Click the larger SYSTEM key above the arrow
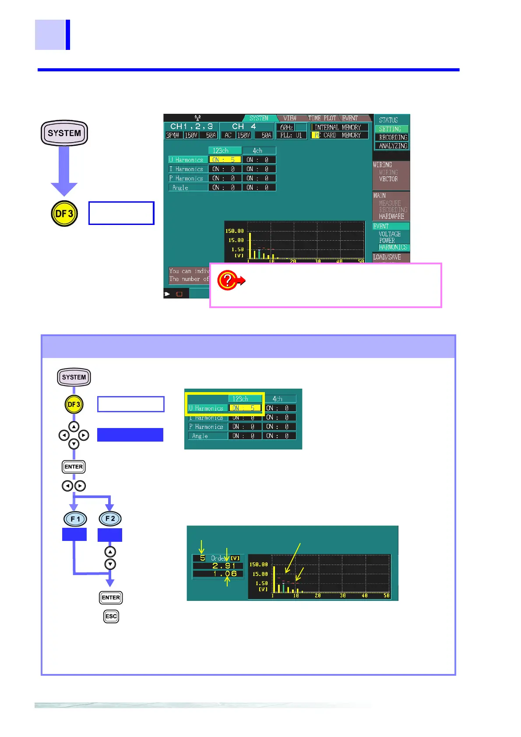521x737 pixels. (64, 133)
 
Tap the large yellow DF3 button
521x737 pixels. (64, 214)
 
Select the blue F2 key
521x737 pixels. (110, 519)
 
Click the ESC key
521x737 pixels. (111, 616)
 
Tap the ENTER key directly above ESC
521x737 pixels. (111, 597)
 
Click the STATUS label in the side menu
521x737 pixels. (388, 120)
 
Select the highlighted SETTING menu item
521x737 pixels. (391, 129)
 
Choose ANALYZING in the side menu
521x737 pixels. (393, 146)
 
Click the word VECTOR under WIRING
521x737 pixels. (388, 179)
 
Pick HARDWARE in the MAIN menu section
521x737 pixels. (391, 217)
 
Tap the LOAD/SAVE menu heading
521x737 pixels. (387, 257)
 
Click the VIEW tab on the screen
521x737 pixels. (289, 118)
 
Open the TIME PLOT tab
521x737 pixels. (322, 118)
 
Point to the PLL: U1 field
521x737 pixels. (291, 135)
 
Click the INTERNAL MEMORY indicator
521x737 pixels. (338, 127)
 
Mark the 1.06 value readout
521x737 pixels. (225, 574)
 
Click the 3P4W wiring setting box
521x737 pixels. (173, 135)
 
